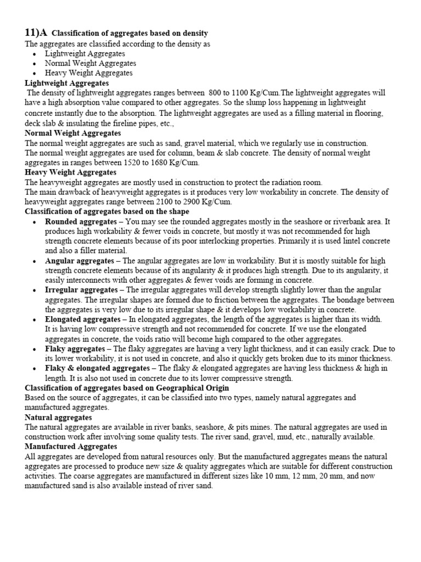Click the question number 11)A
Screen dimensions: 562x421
pyautogui.click(x=36, y=33)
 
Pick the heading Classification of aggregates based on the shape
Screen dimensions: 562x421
pyautogui.click(x=107, y=211)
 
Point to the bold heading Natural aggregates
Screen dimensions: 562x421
pyautogui.click(x=58, y=418)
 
